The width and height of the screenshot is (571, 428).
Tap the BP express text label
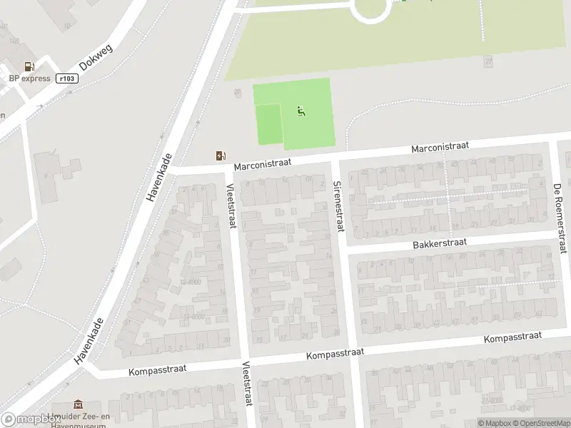29,78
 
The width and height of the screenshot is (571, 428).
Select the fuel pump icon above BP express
29,66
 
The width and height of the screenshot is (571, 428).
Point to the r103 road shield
66,78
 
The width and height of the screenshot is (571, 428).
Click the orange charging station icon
221,156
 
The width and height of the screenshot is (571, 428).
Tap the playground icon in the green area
300,111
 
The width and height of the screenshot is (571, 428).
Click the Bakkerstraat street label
439,243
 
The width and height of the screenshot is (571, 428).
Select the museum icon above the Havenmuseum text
78,405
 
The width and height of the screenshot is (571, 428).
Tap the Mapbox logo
30,419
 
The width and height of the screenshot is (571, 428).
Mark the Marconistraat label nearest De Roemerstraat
440,146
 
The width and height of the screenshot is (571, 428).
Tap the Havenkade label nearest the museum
89,342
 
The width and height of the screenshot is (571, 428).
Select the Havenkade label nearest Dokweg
159,178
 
